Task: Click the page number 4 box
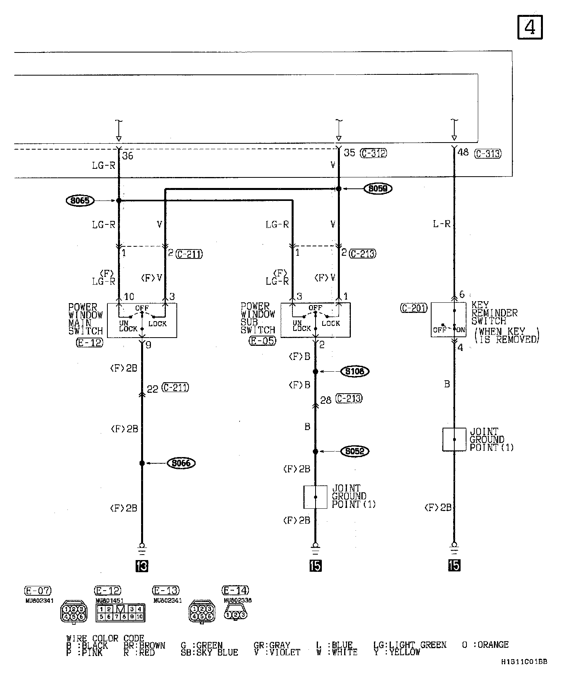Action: pos(530,27)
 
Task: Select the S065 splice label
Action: pos(80,201)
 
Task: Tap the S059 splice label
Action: pos(378,189)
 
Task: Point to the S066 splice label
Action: pos(181,463)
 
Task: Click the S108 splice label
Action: pos(355,371)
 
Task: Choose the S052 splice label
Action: pos(355,452)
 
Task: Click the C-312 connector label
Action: pos(374,153)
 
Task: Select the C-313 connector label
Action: pos(488,154)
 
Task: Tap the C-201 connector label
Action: pos(414,308)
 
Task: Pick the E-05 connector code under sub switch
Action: pos(263,341)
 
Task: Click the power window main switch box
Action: pos(142,320)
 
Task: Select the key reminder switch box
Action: pos(448,320)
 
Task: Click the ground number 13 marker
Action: pos(142,566)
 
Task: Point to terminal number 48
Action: pos(463,152)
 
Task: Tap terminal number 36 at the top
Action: pos(128,156)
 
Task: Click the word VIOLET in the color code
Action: pos(285,652)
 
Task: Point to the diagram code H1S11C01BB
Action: pos(524,662)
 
